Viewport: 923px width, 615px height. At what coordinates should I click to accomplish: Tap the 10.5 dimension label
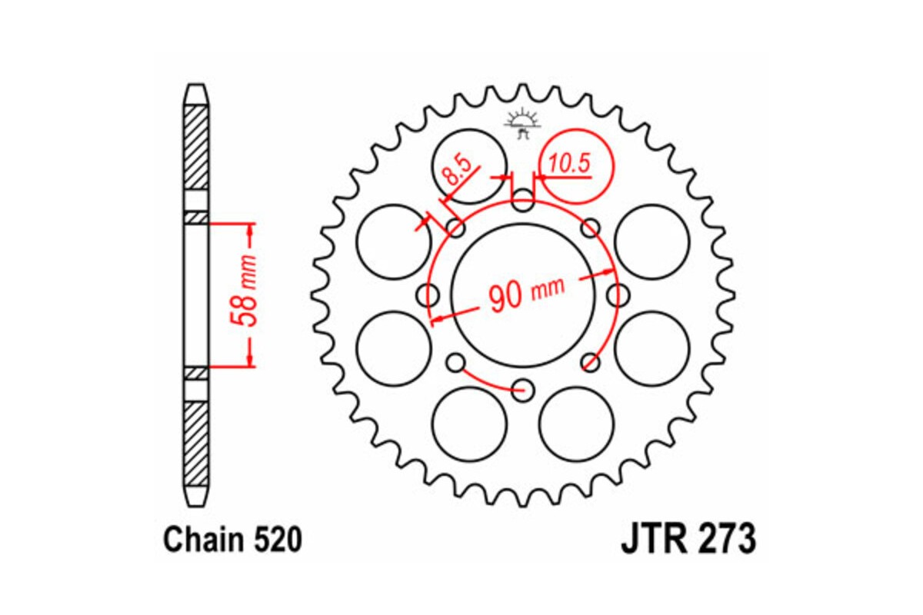click(x=570, y=164)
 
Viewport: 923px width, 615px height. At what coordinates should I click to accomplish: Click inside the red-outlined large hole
click(x=576, y=163)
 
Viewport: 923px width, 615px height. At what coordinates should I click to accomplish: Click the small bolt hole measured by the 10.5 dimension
click(x=523, y=202)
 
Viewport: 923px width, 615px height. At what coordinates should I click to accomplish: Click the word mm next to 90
click(x=548, y=289)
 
